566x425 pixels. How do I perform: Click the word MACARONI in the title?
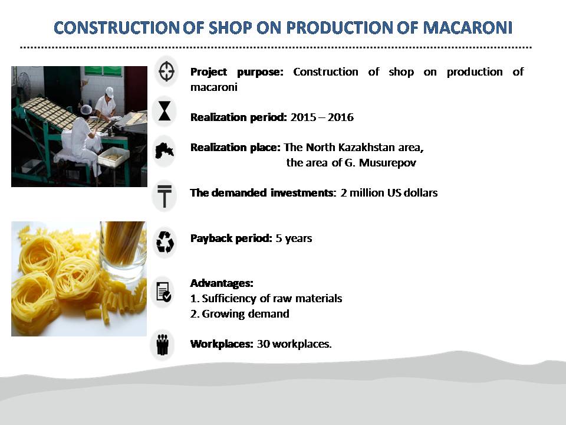(x=468, y=28)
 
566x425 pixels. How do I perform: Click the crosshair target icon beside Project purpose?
(x=166, y=71)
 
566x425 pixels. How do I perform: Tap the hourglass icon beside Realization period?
(x=164, y=110)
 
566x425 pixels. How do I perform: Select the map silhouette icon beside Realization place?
(x=164, y=151)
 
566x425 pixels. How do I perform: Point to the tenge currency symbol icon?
(x=164, y=196)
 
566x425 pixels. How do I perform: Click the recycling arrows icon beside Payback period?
(x=165, y=242)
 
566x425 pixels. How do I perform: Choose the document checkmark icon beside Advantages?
(x=164, y=292)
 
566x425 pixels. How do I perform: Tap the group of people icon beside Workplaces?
(x=163, y=344)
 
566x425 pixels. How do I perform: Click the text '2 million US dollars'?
(x=389, y=192)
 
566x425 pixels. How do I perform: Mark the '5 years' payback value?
(x=294, y=238)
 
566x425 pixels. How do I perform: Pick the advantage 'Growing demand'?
(x=245, y=313)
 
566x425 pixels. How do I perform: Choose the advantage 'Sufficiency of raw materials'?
(x=272, y=299)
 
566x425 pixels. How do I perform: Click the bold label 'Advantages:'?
(x=222, y=283)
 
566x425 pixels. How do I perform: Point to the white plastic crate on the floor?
(x=113, y=157)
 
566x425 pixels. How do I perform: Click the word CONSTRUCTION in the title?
(x=116, y=28)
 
